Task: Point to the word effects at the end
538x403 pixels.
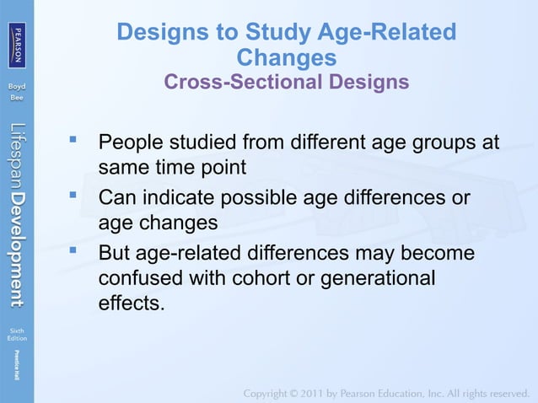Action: coord(131,303)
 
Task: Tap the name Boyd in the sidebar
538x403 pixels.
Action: coord(17,87)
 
